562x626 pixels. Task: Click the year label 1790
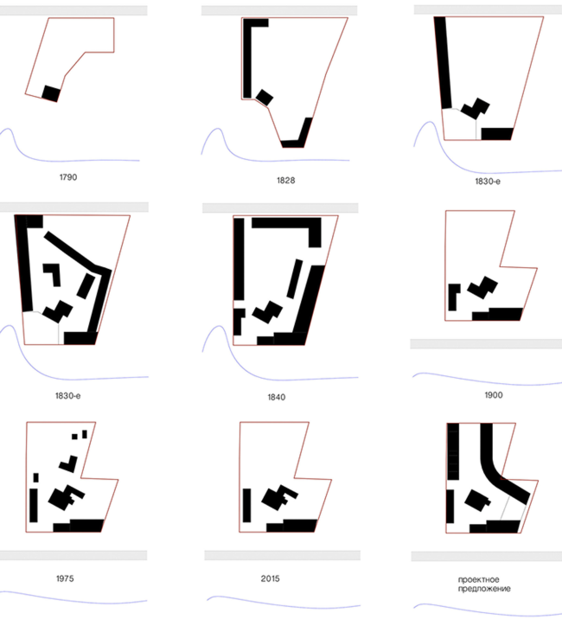point(68,177)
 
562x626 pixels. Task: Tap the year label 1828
point(286,181)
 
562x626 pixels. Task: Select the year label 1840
point(276,397)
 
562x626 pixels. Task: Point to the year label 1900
point(494,395)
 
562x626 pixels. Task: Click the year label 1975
point(65,578)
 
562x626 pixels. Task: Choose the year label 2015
point(271,578)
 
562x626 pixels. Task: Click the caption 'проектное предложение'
point(484,584)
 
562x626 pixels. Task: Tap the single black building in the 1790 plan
point(51,93)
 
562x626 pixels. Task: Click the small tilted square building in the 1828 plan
point(265,98)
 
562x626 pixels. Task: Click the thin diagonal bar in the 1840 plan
point(295,278)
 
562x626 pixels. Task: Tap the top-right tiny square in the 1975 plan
point(85,434)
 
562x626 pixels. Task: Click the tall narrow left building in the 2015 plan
point(246,505)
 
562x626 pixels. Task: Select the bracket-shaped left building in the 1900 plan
point(452,297)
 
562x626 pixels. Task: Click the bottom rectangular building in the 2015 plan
point(292,526)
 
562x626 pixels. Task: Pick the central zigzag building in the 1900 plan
point(482,287)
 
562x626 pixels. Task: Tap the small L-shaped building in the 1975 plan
point(68,464)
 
